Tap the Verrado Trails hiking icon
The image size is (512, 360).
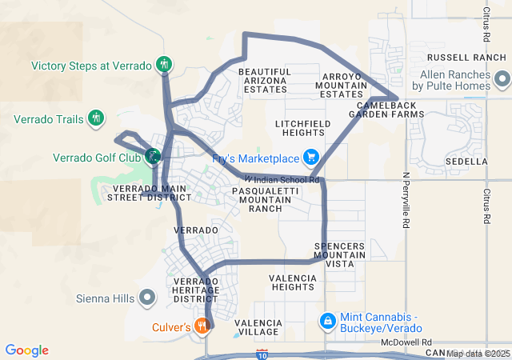click(96, 119)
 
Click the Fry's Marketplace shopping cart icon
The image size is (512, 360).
click(310, 158)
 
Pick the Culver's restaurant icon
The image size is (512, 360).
click(202, 326)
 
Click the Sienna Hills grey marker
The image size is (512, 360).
click(147, 298)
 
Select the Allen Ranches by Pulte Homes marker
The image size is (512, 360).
click(502, 79)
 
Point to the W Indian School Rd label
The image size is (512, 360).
click(282, 180)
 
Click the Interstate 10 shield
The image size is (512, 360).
click(262, 353)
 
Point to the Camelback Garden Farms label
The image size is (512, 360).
click(390, 110)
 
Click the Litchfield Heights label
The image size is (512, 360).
click(302, 128)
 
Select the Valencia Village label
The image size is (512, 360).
click(257, 326)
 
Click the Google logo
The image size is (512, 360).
click(27, 350)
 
